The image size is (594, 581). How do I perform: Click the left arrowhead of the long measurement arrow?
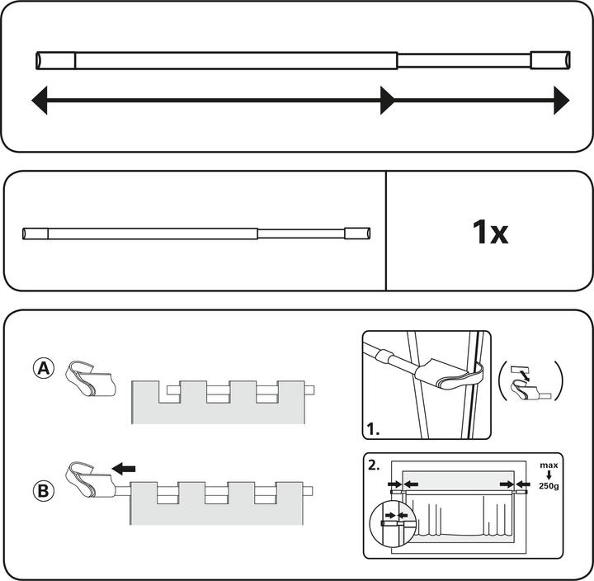(38, 102)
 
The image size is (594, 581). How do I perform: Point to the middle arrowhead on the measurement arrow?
(387, 102)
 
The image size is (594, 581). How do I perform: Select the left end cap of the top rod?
(56, 60)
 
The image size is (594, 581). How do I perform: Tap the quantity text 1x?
(490, 233)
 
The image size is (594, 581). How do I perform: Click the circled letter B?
(45, 490)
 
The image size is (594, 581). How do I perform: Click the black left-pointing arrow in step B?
(123, 469)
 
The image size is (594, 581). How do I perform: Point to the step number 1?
(373, 430)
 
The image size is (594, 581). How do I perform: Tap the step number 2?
(374, 465)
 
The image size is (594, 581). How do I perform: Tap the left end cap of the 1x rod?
(35, 234)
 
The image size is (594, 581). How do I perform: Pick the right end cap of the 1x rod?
(360, 234)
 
